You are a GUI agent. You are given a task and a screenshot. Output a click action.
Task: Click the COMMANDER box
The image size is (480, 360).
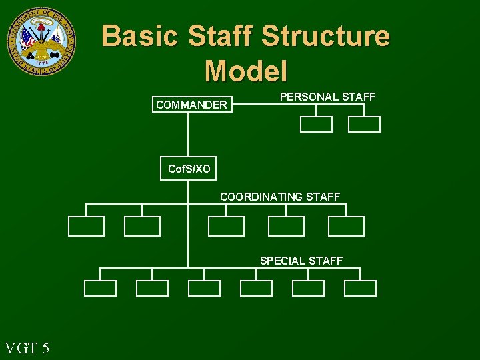pyautogui.click(x=191, y=105)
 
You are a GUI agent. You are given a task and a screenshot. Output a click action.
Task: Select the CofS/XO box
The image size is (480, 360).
pyautogui.click(x=189, y=169)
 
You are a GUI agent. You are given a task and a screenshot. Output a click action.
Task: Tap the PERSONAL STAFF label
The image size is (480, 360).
pyautogui.click(x=327, y=97)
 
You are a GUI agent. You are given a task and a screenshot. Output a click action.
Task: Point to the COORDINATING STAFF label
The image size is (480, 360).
pyautogui.click(x=280, y=197)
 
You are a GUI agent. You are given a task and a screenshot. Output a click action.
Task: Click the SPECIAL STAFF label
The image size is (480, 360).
pyautogui.click(x=301, y=261)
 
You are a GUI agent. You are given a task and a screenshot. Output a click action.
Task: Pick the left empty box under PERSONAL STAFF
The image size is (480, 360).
pyautogui.click(x=316, y=125)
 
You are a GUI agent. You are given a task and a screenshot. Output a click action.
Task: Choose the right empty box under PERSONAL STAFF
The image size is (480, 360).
pyautogui.click(x=364, y=125)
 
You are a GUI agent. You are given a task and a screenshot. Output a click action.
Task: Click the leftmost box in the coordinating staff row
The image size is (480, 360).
pyautogui.click(x=87, y=227)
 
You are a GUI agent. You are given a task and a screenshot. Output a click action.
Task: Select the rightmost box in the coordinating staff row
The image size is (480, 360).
pyautogui.click(x=346, y=227)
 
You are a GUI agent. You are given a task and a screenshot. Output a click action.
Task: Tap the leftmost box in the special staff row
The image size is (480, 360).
pyautogui.click(x=100, y=288)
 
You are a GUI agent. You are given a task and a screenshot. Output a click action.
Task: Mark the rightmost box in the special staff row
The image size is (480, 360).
pyautogui.click(x=360, y=288)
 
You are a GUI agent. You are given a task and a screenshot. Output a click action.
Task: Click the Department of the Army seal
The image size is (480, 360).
pyautogui.click(x=41, y=41)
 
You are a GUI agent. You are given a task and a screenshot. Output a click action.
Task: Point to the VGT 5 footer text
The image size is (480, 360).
pyautogui.click(x=27, y=347)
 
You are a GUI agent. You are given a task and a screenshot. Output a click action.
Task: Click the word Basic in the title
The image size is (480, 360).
pyautogui.click(x=139, y=36)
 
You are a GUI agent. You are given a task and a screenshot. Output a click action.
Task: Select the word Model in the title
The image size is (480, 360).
pyautogui.click(x=246, y=71)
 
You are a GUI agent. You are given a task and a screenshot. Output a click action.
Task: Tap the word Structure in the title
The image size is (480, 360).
pyautogui.click(x=325, y=36)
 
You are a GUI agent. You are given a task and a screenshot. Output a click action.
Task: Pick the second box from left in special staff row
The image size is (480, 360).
pyautogui.click(x=152, y=288)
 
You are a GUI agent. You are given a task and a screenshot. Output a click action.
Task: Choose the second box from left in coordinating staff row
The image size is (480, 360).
pyautogui.click(x=143, y=227)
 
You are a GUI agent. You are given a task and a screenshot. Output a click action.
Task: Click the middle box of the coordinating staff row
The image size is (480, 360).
pyautogui.click(x=227, y=227)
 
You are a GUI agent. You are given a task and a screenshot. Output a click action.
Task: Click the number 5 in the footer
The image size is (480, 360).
pyautogui.click(x=45, y=347)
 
